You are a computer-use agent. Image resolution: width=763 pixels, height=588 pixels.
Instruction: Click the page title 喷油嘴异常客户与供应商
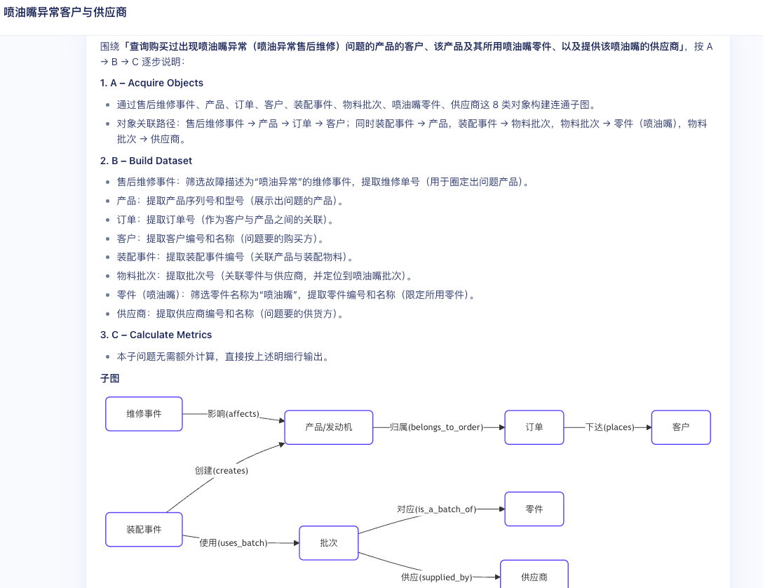[65, 12]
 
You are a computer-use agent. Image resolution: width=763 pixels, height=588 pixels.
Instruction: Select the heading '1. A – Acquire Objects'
[151, 83]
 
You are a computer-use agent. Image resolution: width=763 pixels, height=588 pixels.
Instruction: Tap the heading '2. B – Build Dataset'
[146, 161]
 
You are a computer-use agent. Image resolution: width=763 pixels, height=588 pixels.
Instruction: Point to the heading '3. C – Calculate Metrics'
[156, 335]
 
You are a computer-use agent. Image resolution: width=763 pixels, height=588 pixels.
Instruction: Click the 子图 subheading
[110, 378]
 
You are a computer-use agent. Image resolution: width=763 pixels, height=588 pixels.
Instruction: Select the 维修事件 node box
[144, 414]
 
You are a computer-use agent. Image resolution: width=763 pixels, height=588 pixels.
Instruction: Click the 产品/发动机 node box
[329, 427]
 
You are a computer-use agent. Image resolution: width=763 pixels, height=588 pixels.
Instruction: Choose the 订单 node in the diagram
[534, 427]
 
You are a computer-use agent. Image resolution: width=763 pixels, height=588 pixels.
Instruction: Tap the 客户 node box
[681, 427]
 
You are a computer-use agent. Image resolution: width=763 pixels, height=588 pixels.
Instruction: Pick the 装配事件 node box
[144, 530]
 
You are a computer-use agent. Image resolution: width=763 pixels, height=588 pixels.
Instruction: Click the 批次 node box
[329, 543]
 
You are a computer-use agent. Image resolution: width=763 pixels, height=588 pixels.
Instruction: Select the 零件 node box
[534, 509]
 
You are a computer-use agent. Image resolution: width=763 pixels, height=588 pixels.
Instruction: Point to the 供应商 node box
[534, 577]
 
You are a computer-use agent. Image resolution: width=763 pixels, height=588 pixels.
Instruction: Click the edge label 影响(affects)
[234, 414]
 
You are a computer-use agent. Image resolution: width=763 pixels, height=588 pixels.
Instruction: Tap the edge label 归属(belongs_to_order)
[436, 427]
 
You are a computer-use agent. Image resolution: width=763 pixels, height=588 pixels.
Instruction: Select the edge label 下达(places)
[609, 427]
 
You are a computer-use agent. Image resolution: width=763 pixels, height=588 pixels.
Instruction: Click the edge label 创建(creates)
[222, 471]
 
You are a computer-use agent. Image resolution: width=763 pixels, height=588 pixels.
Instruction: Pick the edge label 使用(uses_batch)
[234, 542]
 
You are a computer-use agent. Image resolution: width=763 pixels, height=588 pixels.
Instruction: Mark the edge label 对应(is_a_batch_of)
[436, 509]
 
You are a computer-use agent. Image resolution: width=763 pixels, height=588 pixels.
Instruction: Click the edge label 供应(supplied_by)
[436, 577]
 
